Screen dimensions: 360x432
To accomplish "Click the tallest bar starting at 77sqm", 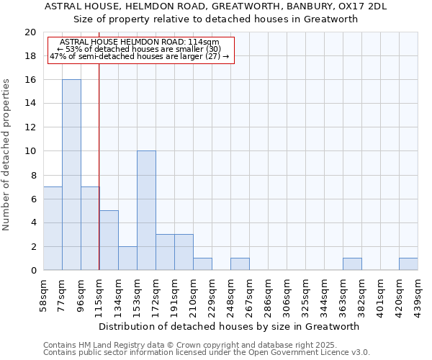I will [71, 175].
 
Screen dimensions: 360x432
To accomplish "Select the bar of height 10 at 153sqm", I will [146, 210].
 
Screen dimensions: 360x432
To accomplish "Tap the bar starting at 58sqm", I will [53, 228].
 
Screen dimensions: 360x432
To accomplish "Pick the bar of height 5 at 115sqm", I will [109, 240].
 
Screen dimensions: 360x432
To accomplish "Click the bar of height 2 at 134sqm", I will [127, 258].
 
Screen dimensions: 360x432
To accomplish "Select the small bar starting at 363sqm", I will [352, 264].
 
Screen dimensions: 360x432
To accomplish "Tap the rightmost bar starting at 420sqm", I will [408, 264].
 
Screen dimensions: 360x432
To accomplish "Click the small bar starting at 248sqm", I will [240, 264].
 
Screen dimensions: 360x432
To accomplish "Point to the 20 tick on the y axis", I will [30, 32].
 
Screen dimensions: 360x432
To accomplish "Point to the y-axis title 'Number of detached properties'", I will [7, 155].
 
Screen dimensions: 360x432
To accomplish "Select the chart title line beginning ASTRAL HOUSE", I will [216, 6].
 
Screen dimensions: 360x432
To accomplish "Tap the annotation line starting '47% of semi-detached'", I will [139, 56].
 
